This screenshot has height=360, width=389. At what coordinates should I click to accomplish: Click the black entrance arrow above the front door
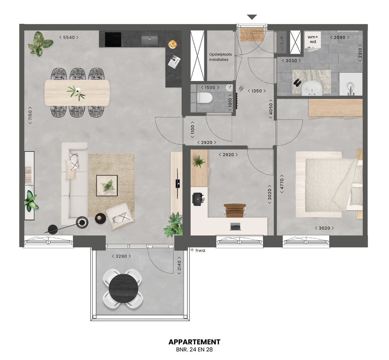252,17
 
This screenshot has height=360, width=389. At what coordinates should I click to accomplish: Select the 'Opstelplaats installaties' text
220,57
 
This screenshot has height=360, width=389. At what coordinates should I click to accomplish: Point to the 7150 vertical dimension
31,115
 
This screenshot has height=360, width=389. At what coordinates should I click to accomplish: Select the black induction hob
113,39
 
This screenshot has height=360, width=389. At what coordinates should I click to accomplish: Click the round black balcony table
123,288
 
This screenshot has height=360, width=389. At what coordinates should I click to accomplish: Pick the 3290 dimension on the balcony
121,256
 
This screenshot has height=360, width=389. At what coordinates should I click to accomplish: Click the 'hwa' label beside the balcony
200,250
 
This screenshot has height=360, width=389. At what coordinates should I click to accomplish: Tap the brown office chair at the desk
234,210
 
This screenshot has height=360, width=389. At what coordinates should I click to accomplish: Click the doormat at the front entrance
252,35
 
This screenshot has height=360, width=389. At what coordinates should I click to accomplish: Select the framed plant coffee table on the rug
107,185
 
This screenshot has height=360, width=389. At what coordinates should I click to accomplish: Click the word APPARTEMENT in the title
194,342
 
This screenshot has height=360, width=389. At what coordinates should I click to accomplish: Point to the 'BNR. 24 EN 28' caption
194,349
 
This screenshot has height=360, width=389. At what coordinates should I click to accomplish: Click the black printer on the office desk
198,199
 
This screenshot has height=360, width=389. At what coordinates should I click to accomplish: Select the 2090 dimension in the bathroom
340,37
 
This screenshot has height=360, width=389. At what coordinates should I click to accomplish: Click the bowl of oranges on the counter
173,44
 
